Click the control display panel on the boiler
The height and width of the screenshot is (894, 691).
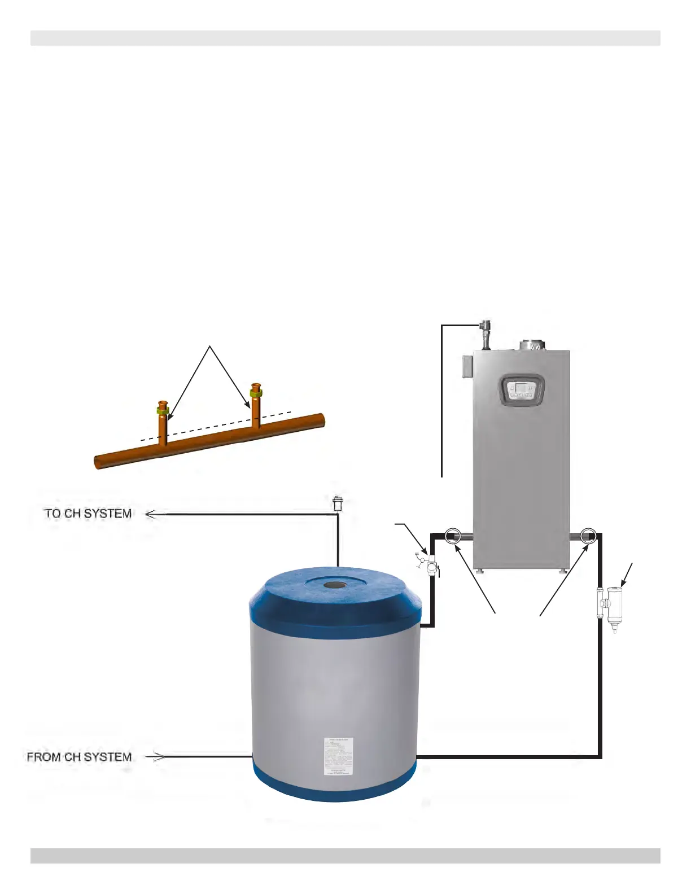point(521,390)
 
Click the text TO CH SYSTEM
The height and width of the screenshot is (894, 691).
point(88,514)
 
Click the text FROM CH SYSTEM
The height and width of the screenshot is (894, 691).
point(79,757)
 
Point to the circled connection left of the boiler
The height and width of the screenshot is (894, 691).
point(453,535)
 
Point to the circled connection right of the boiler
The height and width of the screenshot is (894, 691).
point(588,535)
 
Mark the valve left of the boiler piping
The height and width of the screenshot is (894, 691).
point(431,563)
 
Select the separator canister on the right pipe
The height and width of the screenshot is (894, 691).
point(613,607)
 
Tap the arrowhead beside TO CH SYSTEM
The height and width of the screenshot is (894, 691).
point(151,514)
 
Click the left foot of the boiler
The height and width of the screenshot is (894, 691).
point(479,572)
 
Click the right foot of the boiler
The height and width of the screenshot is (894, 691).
point(563,572)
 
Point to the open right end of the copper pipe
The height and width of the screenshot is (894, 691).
point(321,420)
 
